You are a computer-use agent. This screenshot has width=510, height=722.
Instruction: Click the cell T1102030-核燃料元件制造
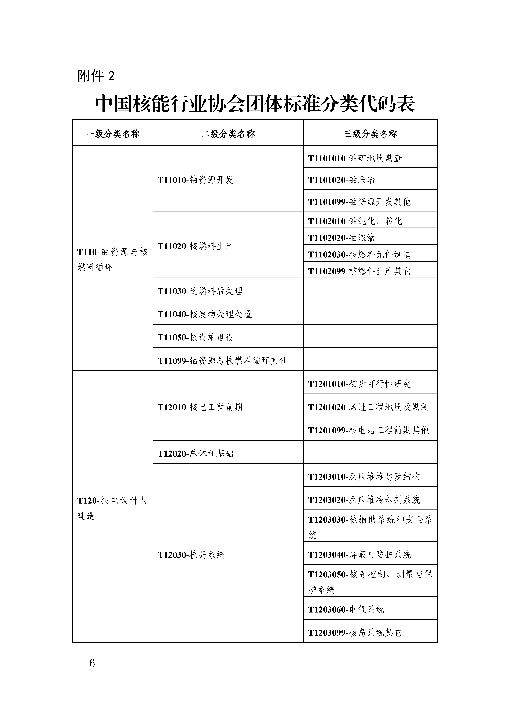click(x=359, y=254)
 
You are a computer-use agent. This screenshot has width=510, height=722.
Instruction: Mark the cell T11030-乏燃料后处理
click(x=200, y=291)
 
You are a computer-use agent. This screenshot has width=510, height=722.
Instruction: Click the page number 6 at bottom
click(x=92, y=663)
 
